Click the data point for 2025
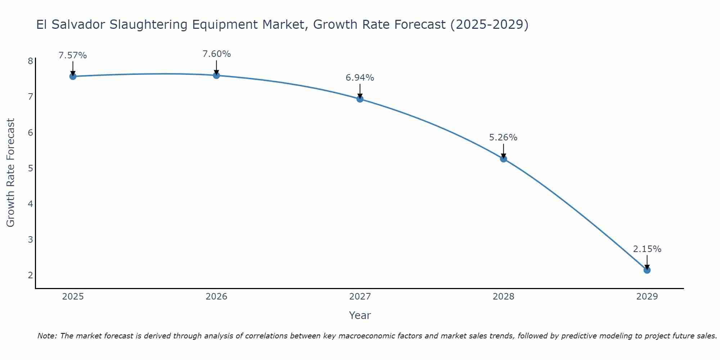click(x=73, y=76)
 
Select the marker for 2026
click(x=216, y=75)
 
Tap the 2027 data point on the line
click(x=360, y=99)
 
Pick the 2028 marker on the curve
click(x=503, y=159)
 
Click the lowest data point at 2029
click(x=647, y=270)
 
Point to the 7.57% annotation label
click(x=73, y=55)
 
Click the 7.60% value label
click(x=216, y=54)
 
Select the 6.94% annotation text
click(x=360, y=78)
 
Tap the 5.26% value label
click(x=503, y=138)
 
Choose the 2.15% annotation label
click(x=647, y=249)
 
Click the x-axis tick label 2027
click(x=360, y=297)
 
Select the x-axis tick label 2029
click(x=647, y=297)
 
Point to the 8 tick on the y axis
click(x=30, y=61)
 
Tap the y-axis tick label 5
click(x=30, y=168)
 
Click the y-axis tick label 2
click(x=30, y=275)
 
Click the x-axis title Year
click(x=360, y=315)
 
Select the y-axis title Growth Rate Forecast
click(x=11, y=172)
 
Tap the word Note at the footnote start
click(x=46, y=336)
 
